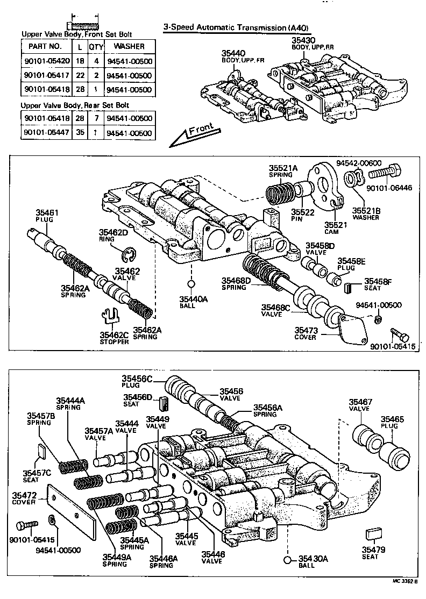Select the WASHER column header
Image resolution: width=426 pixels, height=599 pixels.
coord(130,46)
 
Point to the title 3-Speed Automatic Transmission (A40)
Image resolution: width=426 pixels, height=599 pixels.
coord(237,27)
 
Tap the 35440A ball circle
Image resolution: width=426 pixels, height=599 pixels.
coord(190,283)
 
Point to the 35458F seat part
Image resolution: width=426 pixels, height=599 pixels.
coord(348,287)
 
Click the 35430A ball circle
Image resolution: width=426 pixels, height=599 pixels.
coord(288,561)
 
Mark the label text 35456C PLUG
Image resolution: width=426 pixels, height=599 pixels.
coord(137,382)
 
